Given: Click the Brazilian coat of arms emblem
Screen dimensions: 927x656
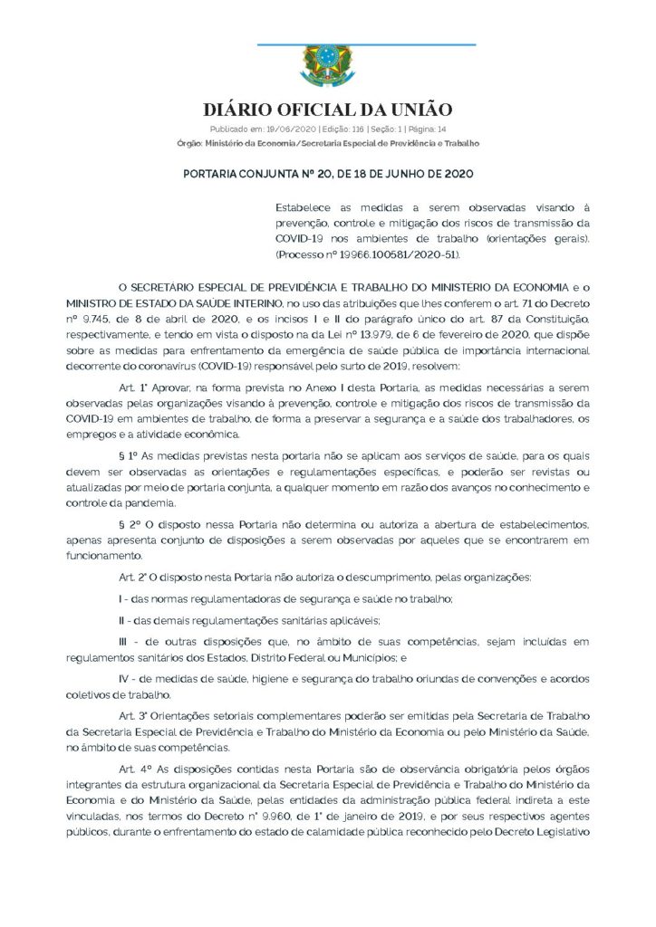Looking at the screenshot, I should coord(327,67).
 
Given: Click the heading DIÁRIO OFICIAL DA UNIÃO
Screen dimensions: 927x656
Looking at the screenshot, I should coord(327,110).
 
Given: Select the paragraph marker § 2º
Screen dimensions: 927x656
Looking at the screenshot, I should coord(128,525).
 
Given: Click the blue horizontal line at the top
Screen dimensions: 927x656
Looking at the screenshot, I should coord(366,43).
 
